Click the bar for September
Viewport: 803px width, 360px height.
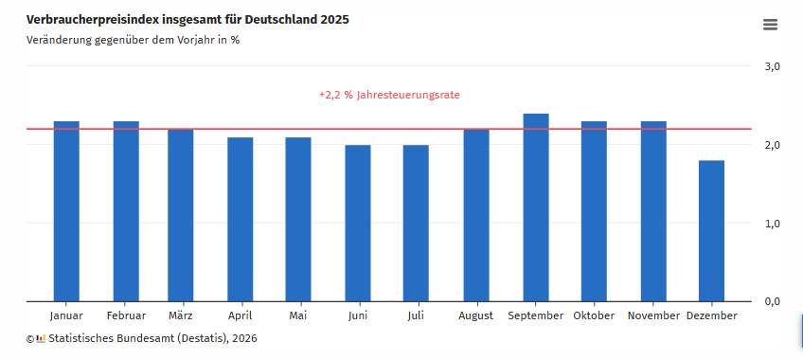click(536, 207)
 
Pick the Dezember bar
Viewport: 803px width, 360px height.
click(711, 231)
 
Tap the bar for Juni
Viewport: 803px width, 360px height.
click(358, 224)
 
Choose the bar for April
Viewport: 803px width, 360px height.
click(241, 220)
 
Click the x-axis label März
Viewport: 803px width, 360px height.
click(181, 315)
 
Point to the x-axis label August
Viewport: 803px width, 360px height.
click(476, 315)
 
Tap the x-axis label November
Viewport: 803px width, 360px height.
click(653, 315)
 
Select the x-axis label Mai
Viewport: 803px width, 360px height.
click(298, 315)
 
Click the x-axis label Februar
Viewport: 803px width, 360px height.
click(126, 315)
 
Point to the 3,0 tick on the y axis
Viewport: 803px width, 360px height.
click(772, 67)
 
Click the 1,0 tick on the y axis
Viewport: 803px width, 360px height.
click(772, 224)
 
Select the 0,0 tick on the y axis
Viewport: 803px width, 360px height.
click(772, 301)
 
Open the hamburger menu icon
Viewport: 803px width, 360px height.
click(770, 25)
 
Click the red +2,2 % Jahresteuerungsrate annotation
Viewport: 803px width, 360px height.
click(389, 96)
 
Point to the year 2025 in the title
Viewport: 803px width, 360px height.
click(348, 20)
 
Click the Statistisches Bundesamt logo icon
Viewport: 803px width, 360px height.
click(35, 338)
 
